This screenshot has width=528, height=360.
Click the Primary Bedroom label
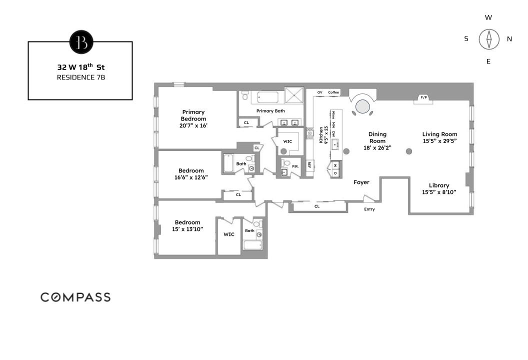(x=193, y=118)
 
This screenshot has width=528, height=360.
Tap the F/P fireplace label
(x=424, y=97)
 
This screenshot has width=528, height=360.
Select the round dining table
(x=363, y=106)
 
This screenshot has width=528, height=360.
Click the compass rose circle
(x=489, y=39)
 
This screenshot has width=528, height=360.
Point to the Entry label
(x=369, y=209)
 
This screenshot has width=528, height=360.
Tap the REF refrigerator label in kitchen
(x=309, y=164)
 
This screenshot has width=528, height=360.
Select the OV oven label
(x=319, y=92)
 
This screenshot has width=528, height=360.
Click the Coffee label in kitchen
(x=333, y=92)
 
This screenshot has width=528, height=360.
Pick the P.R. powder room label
(x=295, y=165)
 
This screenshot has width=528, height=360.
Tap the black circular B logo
(x=81, y=42)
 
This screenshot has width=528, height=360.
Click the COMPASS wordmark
(x=75, y=297)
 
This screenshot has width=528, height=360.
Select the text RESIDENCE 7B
(x=80, y=77)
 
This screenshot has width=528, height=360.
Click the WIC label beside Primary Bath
(x=287, y=141)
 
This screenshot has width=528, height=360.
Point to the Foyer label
(x=361, y=182)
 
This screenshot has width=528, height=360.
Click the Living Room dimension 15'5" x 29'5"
(x=439, y=141)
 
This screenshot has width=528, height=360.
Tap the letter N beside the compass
(x=509, y=39)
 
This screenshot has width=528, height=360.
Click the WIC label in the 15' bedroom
(x=229, y=234)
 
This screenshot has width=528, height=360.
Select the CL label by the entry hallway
(x=317, y=205)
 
